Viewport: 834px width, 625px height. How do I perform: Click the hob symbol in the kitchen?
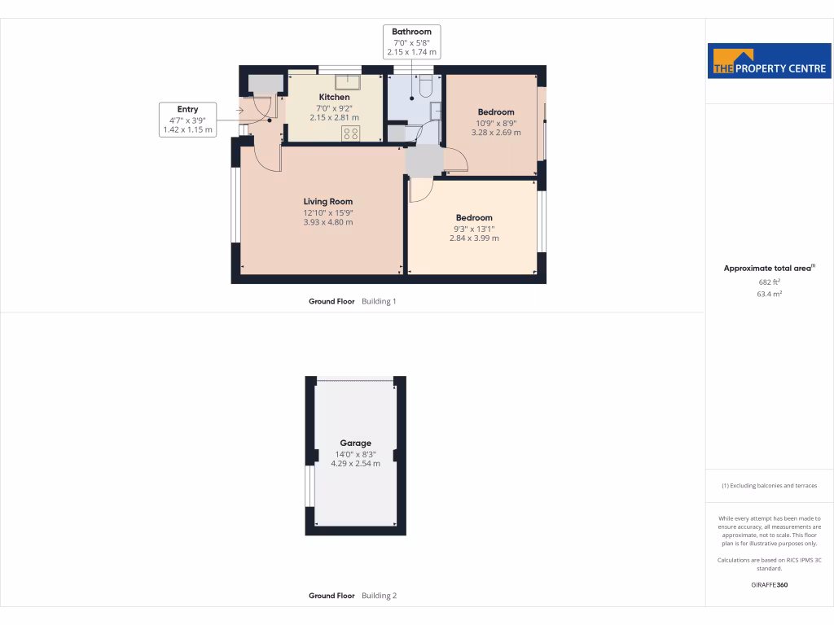click(351, 134)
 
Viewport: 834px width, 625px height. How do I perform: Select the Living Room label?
click(327, 202)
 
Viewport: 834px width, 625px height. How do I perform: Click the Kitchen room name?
click(334, 98)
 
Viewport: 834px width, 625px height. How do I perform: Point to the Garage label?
click(355, 444)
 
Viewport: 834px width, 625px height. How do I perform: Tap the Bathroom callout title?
click(411, 33)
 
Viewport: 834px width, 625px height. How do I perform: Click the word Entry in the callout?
click(187, 109)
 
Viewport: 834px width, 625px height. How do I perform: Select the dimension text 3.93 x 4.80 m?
click(327, 222)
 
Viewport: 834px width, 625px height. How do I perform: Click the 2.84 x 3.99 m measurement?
click(474, 238)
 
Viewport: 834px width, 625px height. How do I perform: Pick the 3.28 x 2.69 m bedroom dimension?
click(496, 132)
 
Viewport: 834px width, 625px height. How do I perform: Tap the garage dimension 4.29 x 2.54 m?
click(355, 463)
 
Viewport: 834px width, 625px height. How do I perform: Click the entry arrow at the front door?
click(241, 109)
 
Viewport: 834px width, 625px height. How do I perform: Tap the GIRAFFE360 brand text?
click(769, 585)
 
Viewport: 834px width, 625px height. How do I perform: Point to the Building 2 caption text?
click(379, 596)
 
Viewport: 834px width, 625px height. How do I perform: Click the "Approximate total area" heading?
click(767, 269)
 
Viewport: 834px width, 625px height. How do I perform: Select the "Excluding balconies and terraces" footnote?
click(769, 486)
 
